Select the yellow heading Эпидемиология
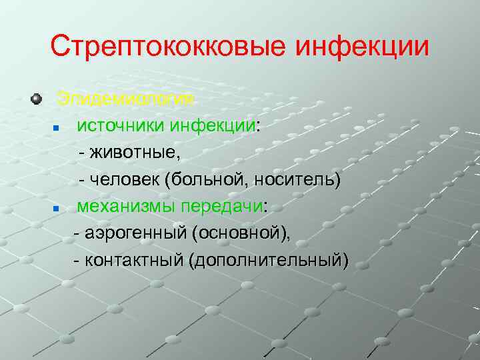coord(126,99)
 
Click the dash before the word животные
coord(82,153)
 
